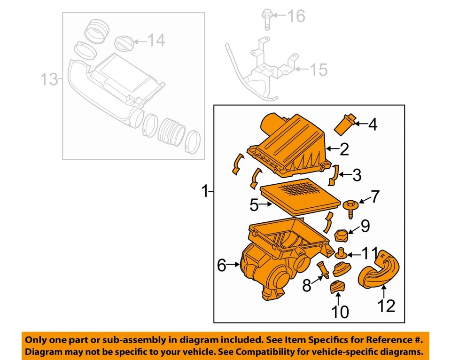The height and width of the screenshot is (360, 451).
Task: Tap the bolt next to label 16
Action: [x=265, y=19]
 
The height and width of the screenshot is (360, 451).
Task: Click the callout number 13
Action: [x=48, y=79]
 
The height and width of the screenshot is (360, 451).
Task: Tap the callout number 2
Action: [x=344, y=149]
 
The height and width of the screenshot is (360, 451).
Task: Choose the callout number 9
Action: [x=365, y=226]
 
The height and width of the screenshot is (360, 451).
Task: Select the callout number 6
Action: [x=222, y=266]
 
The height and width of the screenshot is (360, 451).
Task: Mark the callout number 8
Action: [x=306, y=285]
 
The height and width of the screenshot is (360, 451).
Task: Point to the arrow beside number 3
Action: [x=342, y=176]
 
